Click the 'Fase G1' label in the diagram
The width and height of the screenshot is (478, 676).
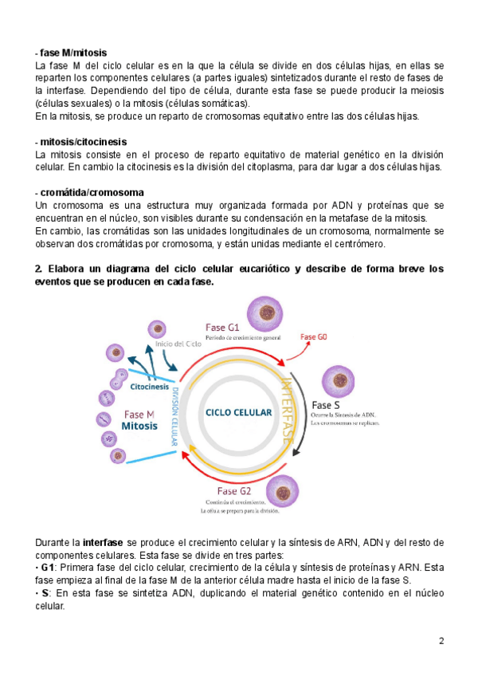point(223,327)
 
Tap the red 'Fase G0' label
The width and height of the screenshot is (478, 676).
point(313,336)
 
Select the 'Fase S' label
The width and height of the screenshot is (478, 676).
point(326,404)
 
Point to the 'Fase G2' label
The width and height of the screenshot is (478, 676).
point(233,491)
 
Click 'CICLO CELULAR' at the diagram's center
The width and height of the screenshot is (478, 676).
point(238,413)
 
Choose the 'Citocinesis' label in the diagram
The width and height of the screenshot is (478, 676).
point(149,387)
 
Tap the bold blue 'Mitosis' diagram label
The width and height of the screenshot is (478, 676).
point(140,426)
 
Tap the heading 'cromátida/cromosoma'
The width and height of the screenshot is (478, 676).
point(92,193)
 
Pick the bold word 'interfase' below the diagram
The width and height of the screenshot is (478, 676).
point(101,542)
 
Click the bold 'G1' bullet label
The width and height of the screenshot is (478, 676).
point(49,568)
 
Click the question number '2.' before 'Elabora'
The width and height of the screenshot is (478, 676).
point(39,269)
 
